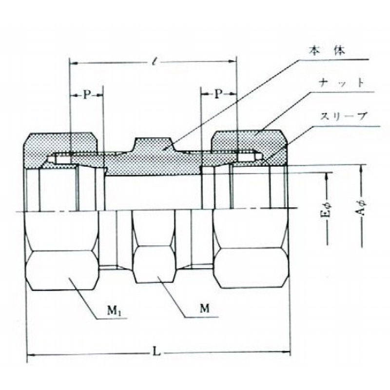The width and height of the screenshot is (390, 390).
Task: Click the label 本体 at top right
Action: (x=327, y=51)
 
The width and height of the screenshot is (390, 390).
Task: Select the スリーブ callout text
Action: (x=344, y=116)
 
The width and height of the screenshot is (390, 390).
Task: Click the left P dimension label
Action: (x=86, y=95)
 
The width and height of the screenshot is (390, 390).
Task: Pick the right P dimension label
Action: (x=218, y=94)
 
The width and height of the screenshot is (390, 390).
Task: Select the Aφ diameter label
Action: (x=361, y=208)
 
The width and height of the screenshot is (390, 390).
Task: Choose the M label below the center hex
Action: (x=205, y=309)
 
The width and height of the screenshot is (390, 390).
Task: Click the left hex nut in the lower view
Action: (x=62, y=251)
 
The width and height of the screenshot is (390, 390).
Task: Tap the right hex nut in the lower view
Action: (x=251, y=250)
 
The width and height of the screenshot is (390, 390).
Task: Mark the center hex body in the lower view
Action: (x=154, y=247)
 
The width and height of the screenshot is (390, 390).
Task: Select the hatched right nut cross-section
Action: (x=250, y=144)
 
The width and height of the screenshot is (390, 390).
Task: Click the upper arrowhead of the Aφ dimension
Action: (x=362, y=168)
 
